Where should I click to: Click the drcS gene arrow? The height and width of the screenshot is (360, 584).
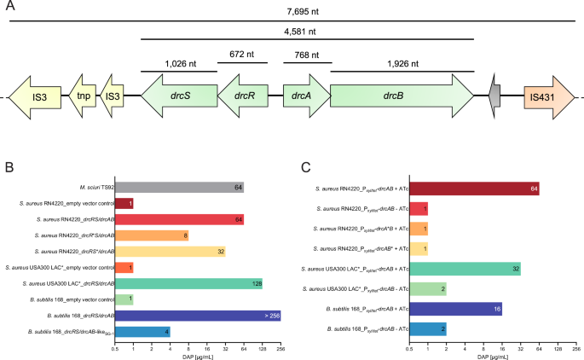click(x=180, y=96)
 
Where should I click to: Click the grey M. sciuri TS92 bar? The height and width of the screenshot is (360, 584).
click(x=179, y=187)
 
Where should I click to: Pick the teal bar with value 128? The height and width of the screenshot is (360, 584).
click(x=188, y=283)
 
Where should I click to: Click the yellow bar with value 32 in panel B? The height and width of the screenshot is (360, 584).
click(x=170, y=251)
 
